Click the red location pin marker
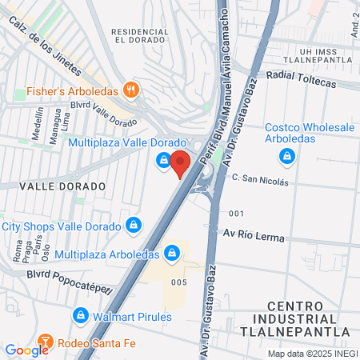point(181,162)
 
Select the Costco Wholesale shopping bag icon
point(285,154)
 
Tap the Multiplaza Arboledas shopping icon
point(171,254)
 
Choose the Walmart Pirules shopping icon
point(80,316)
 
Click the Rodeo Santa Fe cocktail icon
point(45,341)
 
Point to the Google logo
point(26,350)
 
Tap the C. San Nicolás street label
point(259,182)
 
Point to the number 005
point(178,282)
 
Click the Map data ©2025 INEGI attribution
point(313,354)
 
